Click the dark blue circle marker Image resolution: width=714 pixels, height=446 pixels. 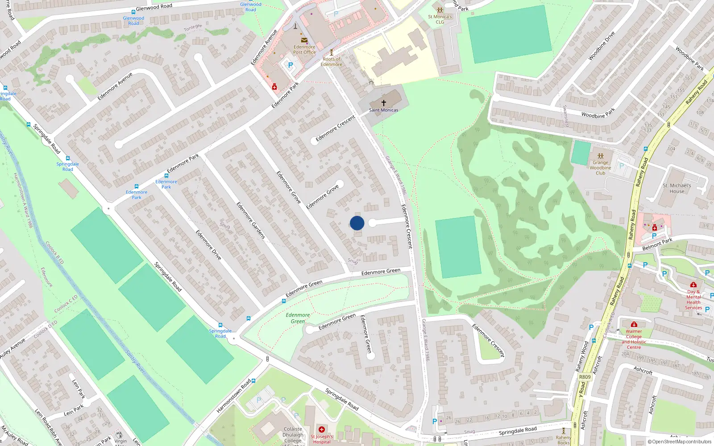coord(357,223)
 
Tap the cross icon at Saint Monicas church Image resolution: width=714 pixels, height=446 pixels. coord(383,103)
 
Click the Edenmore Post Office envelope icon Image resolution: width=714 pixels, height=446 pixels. coord(304,40)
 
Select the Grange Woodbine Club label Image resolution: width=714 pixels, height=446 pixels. coord(600,168)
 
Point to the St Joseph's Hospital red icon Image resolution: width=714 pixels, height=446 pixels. coord(321,429)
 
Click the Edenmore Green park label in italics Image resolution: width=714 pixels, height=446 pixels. coord(298,318)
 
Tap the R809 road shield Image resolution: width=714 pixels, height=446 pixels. coord(585,377)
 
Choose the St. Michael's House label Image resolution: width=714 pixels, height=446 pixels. coord(677,188)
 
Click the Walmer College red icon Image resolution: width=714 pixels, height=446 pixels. coord(634,324)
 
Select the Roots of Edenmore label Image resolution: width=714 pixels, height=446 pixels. coord(332,62)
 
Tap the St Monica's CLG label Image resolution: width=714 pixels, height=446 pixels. coord(440,19)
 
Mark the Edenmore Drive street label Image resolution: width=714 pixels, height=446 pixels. coord(208,245)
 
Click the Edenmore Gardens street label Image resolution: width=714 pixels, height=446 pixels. coord(250,220)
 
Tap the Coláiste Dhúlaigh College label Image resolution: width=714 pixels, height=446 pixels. coord(293,435)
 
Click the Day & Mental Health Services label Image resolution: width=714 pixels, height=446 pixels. coord(693,300)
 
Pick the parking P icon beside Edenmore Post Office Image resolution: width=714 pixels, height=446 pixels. coord(291,65)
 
